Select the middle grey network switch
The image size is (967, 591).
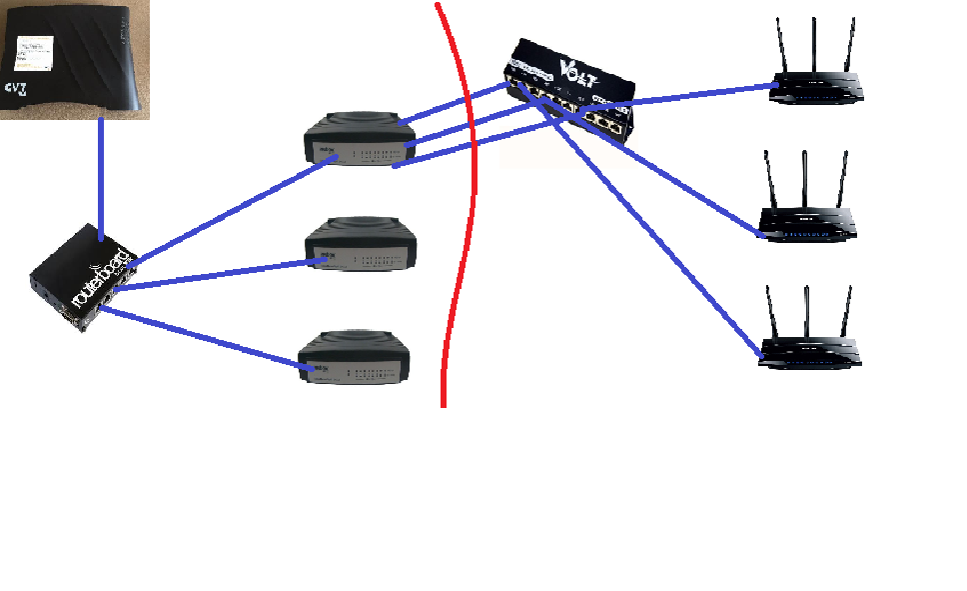coord(360,246)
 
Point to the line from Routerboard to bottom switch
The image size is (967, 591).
coord(200,339)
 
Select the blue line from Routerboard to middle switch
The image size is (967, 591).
coord(220,275)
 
